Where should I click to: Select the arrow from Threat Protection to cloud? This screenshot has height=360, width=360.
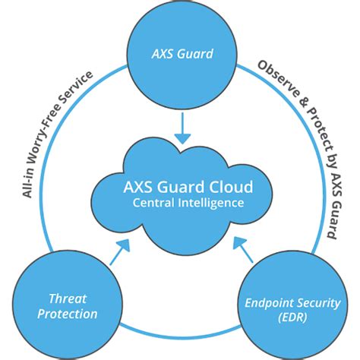tap(119, 251)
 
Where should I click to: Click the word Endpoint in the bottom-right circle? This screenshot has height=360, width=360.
tap(266, 302)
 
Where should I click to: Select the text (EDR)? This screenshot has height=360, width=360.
tap(294, 317)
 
